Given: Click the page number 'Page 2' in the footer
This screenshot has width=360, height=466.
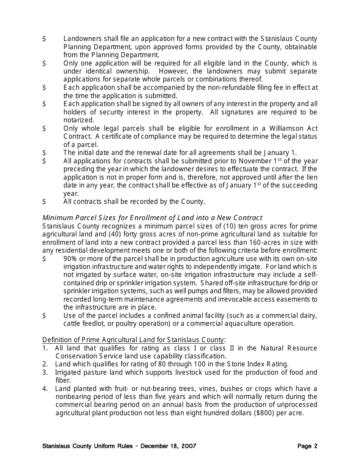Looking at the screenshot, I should coord(307,446).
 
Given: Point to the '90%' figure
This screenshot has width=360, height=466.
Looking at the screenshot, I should coord(70,259).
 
